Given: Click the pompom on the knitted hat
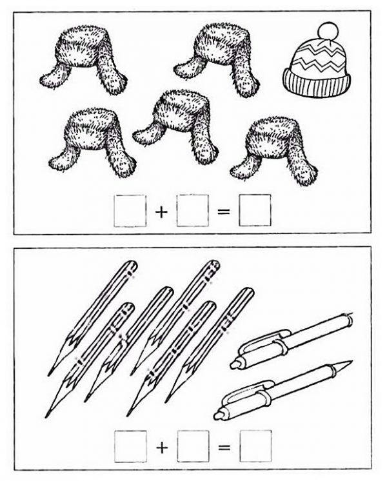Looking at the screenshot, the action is click(328, 31).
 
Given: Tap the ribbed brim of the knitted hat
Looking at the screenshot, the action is click(317, 83).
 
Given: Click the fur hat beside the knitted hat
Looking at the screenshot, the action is click(217, 59).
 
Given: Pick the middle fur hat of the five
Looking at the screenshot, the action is click(176, 126).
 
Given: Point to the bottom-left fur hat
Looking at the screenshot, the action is click(92, 142).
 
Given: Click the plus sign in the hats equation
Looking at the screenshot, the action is click(161, 211).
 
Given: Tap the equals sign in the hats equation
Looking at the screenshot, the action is click(224, 211).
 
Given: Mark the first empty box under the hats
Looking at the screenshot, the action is click(130, 211).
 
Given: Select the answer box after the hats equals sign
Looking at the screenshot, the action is click(255, 210).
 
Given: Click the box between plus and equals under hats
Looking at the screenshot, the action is click(192, 210).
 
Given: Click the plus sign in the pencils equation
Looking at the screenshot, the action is click(162, 448).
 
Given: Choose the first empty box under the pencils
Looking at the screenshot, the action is click(130, 446).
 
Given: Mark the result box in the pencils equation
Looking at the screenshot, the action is click(255, 446).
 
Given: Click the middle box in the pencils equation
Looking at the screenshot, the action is click(193, 446).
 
